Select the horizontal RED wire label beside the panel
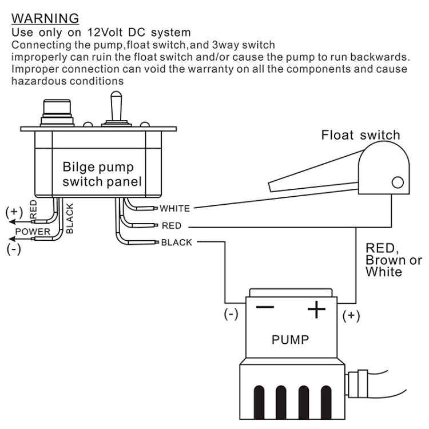click(x=172, y=225)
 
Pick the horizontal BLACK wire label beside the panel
click(x=177, y=242)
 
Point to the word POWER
click(x=33, y=232)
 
